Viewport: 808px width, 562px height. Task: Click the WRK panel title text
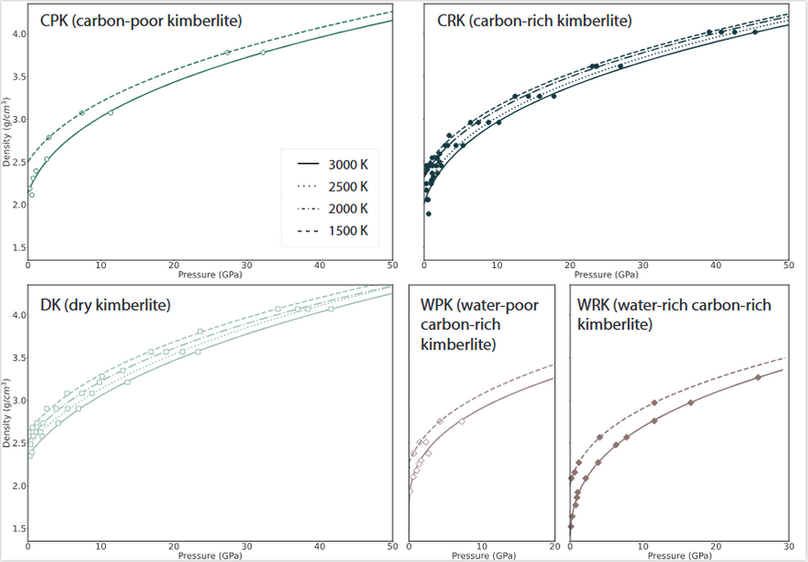pyautogui.click(x=674, y=314)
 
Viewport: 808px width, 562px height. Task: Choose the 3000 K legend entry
pyautogui.click(x=334, y=163)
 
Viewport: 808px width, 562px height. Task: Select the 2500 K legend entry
pyautogui.click(x=334, y=185)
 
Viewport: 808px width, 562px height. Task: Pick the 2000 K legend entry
pyautogui.click(x=334, y=207)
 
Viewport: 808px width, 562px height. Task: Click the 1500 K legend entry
pyautogui.click(x=334, y=229)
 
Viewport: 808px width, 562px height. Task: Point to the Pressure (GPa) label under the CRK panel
pyautogui.click(x=605, y=274)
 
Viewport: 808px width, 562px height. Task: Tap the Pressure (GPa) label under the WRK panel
pyautogui.click(x=679, y=556)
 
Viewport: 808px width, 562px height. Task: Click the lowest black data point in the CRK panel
pyautogui.click(x=428, y=214)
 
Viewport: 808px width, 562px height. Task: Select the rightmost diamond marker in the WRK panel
pyautogui.click(x=759, y=378)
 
